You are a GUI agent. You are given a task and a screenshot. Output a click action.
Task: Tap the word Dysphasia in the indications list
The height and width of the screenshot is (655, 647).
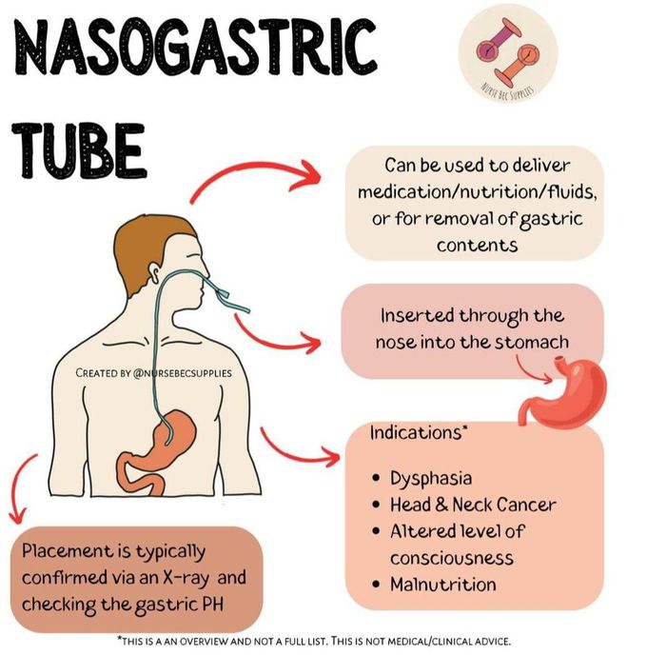click(431, 478)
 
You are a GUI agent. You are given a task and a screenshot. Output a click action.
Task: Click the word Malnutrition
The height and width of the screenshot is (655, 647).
click(442, 584)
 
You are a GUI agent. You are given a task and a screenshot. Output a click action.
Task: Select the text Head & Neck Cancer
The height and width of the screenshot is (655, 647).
click(473, 505)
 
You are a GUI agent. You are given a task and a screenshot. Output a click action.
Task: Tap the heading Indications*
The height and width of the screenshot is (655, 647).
click(419, 432)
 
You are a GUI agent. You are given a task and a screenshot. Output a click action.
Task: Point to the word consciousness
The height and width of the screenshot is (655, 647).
click(451, 557)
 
